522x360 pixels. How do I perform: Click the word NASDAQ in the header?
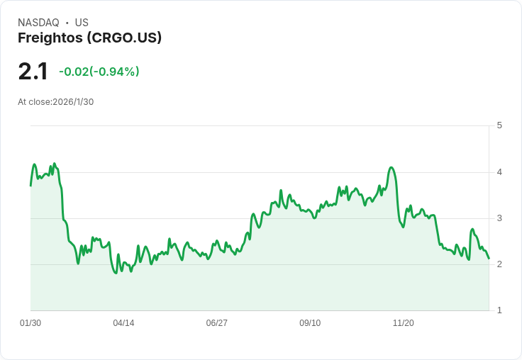(38, 23)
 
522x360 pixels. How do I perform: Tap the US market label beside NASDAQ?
(82, 23)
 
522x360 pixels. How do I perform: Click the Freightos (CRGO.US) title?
(89, 38)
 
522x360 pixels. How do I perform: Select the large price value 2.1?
(33, 72)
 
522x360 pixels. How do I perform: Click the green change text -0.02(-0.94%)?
(99, 72)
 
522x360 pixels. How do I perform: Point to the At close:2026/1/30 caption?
(55, 101)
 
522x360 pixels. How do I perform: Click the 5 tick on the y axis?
(499, 125)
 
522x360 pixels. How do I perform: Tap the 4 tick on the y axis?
(499, 172)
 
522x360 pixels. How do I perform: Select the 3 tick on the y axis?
(499, 218)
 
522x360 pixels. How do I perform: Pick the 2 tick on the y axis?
(499, 264)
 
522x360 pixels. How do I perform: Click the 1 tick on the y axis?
(499, 310)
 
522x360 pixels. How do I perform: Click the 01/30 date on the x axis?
(30, 323)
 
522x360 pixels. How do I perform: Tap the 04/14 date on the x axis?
(123, 323)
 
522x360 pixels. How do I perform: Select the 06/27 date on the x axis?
(217, 323)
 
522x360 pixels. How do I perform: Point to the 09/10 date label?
(310, 323)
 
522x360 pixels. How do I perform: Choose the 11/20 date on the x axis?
(404, 323)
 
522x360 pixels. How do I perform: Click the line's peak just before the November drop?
(391, 167)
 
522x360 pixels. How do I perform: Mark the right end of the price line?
(489, 258)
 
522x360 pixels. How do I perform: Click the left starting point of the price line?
(30, 185)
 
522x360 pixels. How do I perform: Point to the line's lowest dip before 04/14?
(116, 274)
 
